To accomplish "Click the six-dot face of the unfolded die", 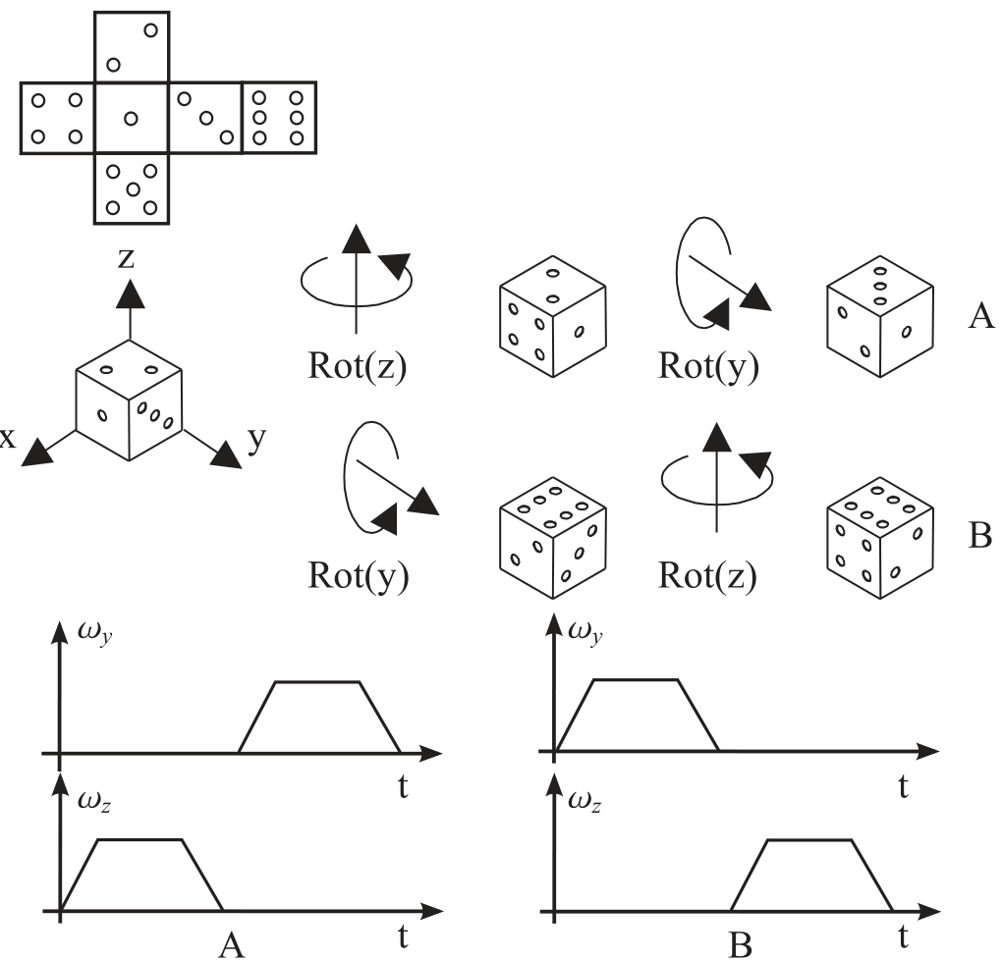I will tap(279, 117).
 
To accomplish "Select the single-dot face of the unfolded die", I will tap(132, 118).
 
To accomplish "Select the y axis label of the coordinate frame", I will tap(256, 439).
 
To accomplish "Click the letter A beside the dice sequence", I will tap(980, 316).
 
